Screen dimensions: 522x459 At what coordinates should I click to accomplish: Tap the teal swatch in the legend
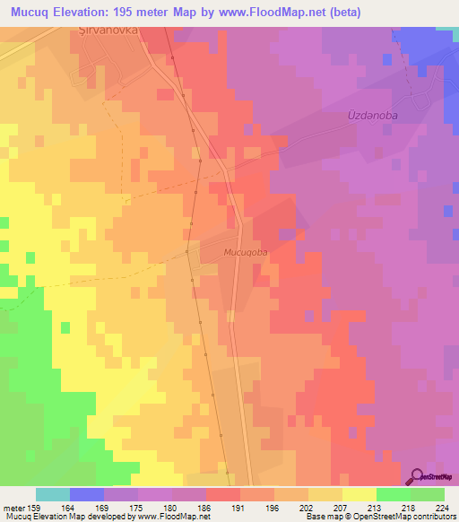click(53, 494)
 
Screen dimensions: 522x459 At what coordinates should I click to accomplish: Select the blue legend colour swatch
click(87, 494)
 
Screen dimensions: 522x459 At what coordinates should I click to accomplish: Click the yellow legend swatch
click(359, 494)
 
